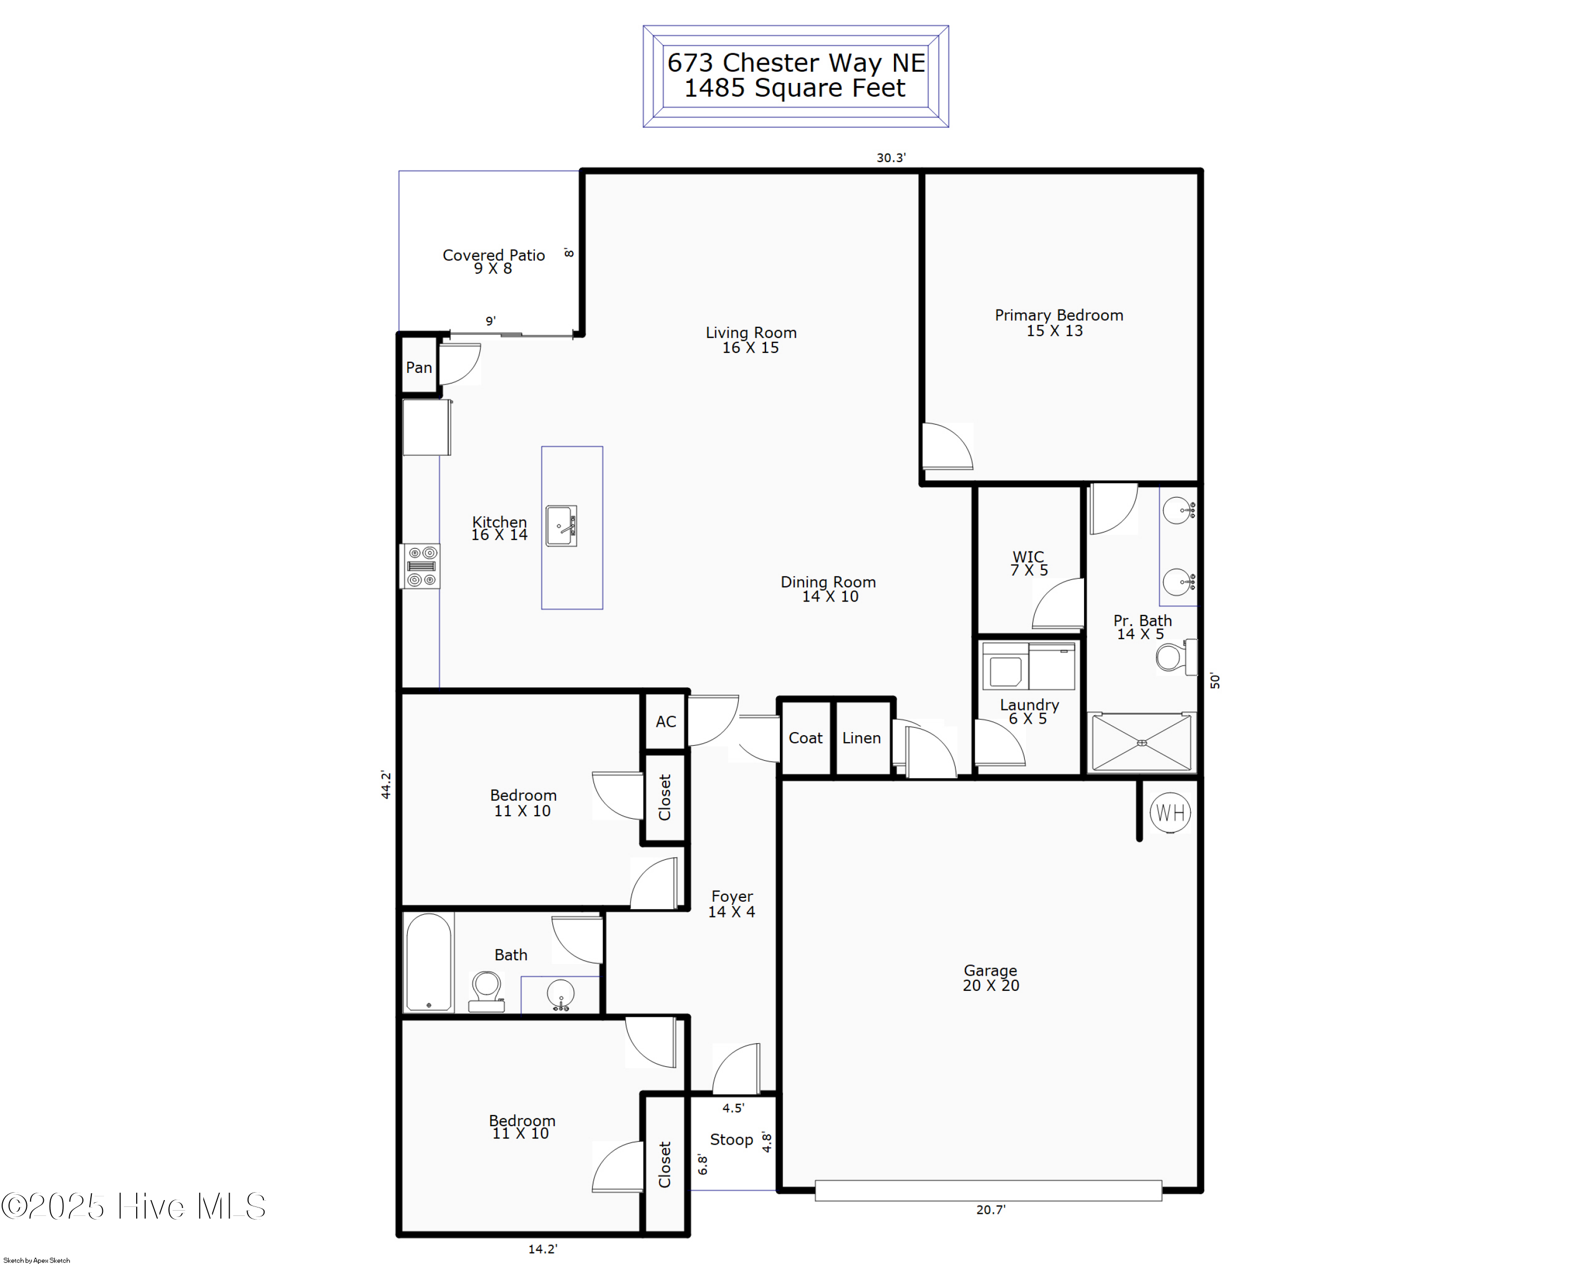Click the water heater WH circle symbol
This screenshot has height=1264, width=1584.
(1170, 813)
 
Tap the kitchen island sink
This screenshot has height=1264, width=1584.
(561, 526)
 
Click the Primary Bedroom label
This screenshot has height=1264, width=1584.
(1059, 315)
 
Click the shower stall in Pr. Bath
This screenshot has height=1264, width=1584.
(1142, 743)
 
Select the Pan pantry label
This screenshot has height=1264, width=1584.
(419, 368)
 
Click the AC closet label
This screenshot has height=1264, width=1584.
(666, 722)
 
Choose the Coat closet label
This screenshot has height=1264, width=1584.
(805, 738)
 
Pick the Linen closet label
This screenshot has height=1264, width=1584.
(861, 738)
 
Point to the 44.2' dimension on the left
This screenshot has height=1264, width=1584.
(386, 784)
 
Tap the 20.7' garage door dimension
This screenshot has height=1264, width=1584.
(991, 1210)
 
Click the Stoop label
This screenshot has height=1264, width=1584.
(731, 1140)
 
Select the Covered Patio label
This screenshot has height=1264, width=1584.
(494, 255)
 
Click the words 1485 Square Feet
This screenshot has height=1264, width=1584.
(795, 88)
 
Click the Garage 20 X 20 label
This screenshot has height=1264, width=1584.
(991, 978)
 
